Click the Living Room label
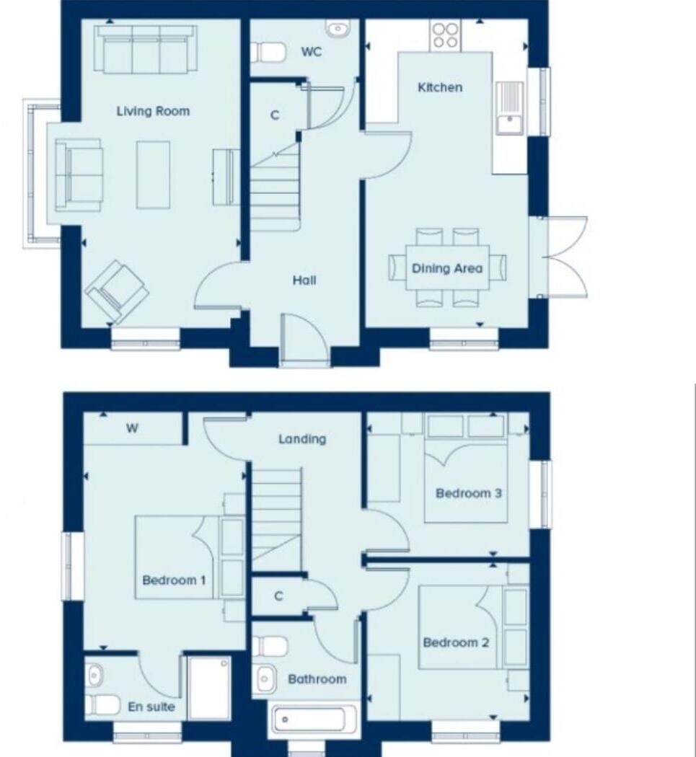[153, 111]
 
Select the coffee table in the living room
[153, 174]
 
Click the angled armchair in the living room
[116, 291]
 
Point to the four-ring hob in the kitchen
[445, 35]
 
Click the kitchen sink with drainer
[510, 108]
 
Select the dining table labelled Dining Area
[447, 268]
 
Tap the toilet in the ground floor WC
[267, 53]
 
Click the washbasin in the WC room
[338, 30]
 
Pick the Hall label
[304, 280]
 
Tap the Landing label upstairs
[302, 438]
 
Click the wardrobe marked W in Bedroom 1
[133, 428]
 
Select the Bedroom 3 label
[469, 494]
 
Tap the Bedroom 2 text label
[456, 642]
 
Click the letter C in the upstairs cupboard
[278, 596]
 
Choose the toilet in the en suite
[101, 704]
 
